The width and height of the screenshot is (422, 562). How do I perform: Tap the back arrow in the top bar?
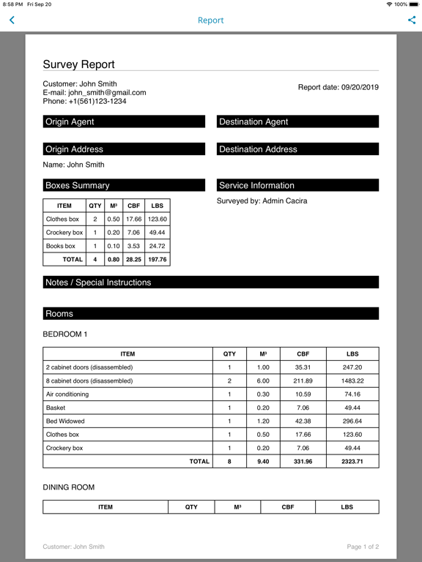coord(12,20)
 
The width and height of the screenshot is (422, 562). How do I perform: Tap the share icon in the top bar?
coord(411,20)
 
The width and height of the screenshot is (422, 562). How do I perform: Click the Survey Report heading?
coord(78,64)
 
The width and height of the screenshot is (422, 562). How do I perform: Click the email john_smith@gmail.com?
coord(107,93)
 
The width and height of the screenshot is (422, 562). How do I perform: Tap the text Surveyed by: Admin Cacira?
coord(262,201)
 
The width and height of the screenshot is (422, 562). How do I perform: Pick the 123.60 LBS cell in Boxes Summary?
coord(157,219)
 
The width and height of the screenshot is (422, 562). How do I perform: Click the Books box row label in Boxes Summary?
coord(61,246)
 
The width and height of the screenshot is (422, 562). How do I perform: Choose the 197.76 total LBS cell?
coord(157,259)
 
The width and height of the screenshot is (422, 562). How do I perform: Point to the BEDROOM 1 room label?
coord(65,334)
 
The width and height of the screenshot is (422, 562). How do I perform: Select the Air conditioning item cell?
coord(67,394)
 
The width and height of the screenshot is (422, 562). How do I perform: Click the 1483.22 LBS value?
coord(352,381)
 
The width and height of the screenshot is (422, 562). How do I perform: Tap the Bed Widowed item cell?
coord(65,421)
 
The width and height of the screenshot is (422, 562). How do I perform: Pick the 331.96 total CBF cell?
coord(303,462)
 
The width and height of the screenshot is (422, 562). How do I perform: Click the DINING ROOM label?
coord(69,487)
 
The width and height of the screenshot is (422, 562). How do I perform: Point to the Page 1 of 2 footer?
coord(363,547)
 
